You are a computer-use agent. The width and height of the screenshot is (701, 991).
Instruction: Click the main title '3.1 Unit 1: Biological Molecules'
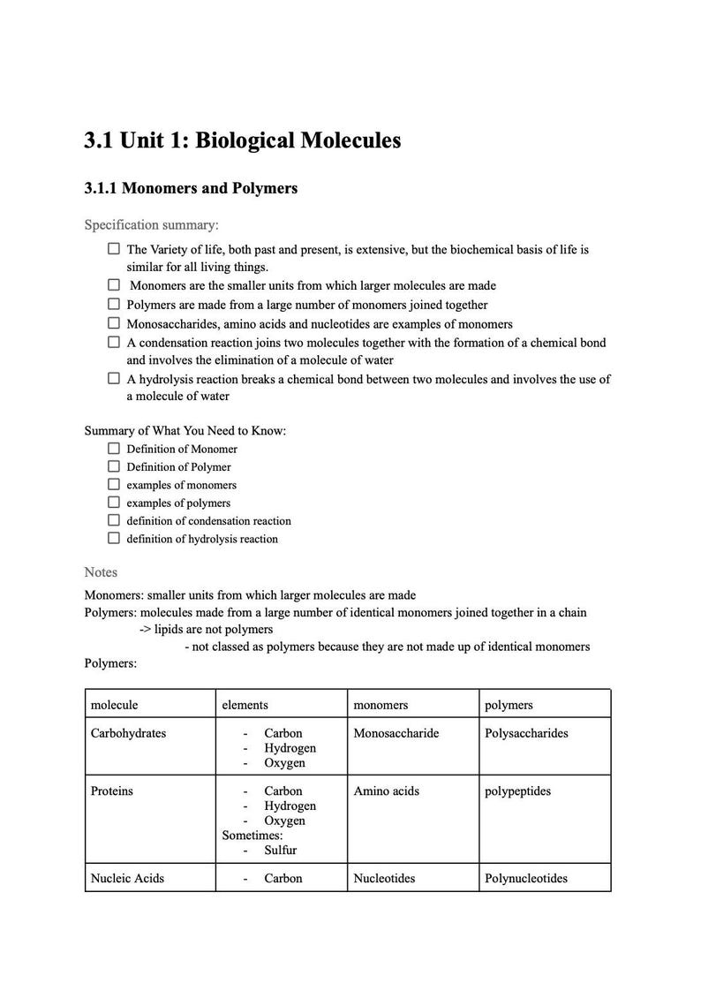click(x=242, y=140)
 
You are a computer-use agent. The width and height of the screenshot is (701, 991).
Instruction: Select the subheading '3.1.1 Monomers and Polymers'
click(x=191, y=188)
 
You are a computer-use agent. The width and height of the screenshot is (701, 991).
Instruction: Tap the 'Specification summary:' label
click(x=151, y=225)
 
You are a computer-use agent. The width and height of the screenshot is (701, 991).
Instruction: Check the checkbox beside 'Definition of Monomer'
click(x=114, y=448)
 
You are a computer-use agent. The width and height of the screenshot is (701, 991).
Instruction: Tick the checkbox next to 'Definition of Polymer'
click(x=114, y=466)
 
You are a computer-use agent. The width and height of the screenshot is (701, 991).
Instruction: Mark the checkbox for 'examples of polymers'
click(x=114, y=503)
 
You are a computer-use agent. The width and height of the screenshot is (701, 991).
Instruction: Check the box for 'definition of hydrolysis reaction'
click(x=114, y=538)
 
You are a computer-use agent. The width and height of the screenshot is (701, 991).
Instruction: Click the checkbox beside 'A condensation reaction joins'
click(x=114, y=342)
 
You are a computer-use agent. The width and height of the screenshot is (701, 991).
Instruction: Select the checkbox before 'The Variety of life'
click(x=114, y=249)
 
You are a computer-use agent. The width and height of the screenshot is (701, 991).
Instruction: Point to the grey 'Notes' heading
click(x=101, y=572)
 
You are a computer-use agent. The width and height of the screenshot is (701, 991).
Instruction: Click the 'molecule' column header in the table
click(x=114, y=705)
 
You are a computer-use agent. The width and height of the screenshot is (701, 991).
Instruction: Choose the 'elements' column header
click(x=245, y=705)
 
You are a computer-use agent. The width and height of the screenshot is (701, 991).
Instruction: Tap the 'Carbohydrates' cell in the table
click(x=128, y=733)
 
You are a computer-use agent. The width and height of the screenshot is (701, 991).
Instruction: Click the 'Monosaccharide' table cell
click(x=396, y=733)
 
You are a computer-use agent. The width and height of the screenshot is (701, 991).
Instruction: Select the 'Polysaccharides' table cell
click(x=526, y=733)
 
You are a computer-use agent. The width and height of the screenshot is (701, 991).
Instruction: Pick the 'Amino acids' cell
click(x=386, y=791)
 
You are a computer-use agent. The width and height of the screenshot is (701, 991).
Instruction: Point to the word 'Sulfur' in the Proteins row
click(x=280, y=851)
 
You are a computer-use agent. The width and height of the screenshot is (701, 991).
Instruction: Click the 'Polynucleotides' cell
click(x=526, y=878)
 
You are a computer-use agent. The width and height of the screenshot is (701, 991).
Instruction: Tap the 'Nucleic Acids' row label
click(x=127, y=878)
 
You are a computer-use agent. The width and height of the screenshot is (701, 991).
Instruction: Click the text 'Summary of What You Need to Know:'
click(x=185, y=431)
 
